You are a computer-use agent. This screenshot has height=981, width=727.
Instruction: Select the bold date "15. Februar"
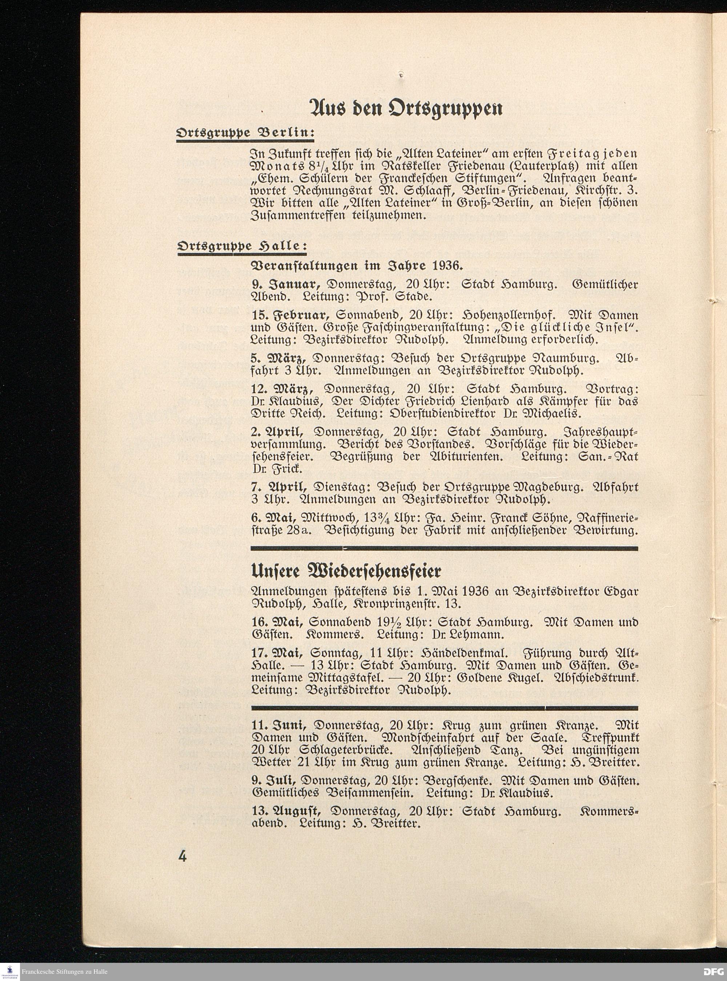click(x=290, y=315)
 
